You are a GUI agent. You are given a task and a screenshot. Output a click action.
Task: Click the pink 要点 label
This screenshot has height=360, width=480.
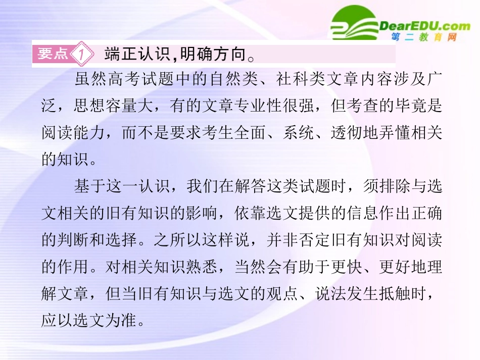click(53, 54)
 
